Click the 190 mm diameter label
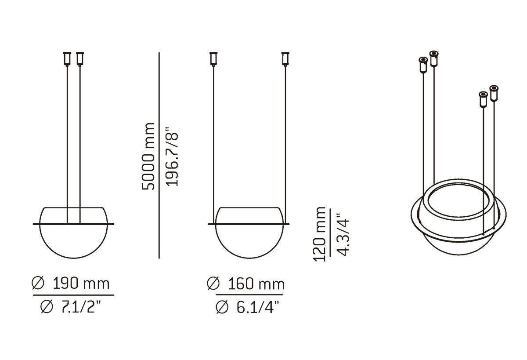coord(81,284)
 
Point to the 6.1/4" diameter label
coord(256,307)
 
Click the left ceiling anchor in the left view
coord(67,58)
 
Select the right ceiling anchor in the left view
coord(79,58)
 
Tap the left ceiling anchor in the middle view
coord(214,58)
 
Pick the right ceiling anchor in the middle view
coord(285,58)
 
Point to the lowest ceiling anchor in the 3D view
coord(483,99)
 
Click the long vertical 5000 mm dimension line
coord(159,156)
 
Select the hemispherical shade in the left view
coord(73,240)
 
